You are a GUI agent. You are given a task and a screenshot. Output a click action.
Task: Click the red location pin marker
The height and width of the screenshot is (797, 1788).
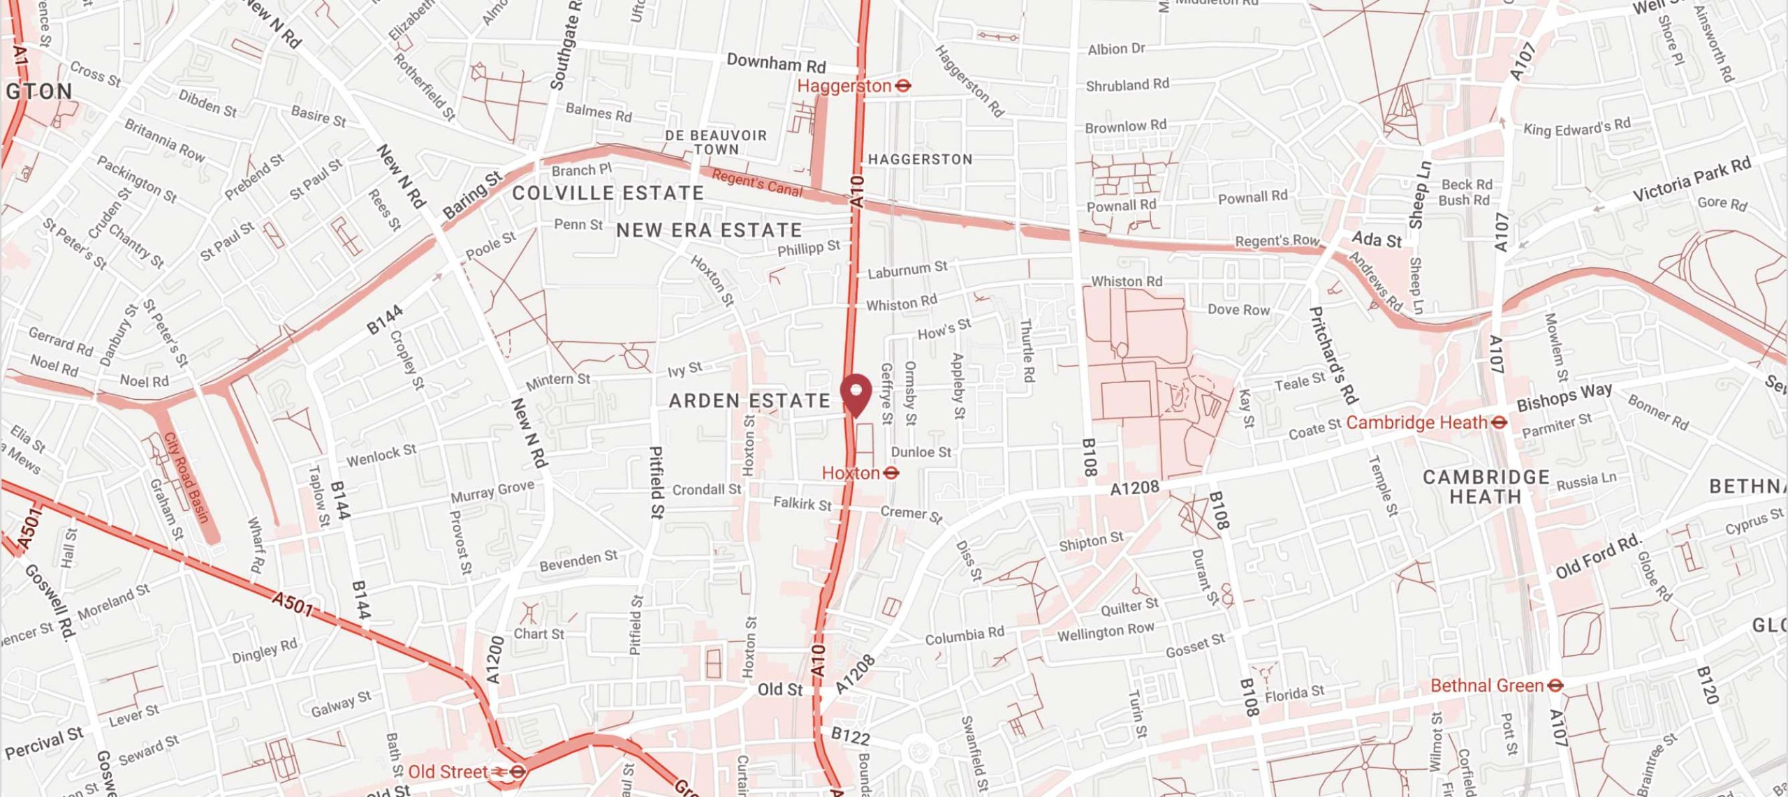click(856, 392)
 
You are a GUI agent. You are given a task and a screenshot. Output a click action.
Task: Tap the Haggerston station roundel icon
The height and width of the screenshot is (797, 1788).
click(903, 86)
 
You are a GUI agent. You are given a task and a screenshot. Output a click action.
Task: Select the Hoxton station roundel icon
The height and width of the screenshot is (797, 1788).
click(891, 473)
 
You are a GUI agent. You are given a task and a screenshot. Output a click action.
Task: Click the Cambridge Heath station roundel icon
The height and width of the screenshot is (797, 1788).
click(1498, 422)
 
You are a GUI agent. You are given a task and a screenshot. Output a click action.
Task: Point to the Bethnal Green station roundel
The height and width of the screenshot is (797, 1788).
click(1555, 685)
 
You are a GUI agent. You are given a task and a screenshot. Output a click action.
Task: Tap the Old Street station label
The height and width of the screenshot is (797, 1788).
click(447, 772)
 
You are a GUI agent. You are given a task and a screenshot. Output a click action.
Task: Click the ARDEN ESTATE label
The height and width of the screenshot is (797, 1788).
click(749, 401)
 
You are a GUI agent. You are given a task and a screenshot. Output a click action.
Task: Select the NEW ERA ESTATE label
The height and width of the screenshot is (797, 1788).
click(708, 230)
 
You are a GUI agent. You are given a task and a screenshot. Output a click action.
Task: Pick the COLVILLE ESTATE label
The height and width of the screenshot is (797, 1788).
click(608, 193)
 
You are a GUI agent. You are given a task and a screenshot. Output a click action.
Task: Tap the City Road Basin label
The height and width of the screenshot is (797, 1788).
click(186, 477)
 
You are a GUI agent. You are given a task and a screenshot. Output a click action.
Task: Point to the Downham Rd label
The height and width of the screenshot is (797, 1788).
click(776, 64)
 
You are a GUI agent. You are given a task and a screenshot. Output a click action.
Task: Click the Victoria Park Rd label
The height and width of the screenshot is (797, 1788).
click(1692, 180)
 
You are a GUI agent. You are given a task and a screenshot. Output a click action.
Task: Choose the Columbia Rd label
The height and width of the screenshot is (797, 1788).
click(965, 636)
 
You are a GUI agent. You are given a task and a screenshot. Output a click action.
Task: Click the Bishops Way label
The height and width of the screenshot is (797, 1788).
click(1564, 397)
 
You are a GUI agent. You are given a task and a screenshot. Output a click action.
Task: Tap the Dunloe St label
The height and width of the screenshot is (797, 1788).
click(921, 452)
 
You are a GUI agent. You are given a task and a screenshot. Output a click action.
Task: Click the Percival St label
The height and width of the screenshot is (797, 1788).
click(43, 743)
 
